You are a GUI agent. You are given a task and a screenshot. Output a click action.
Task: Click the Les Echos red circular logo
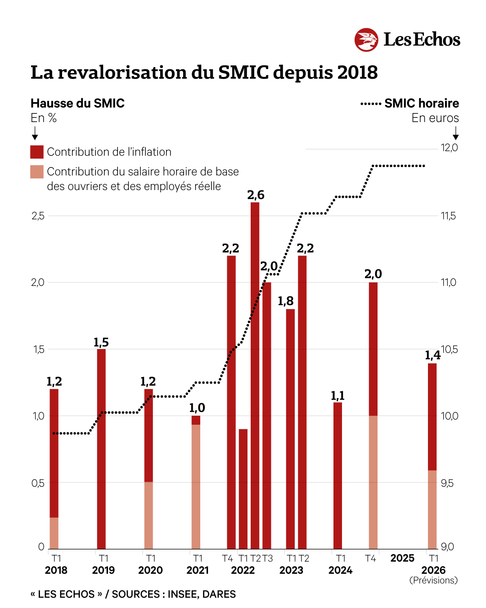pyautogui.click(x=366, y=40)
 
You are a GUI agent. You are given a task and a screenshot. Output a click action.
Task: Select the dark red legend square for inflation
pyautogui.click(x=37, y=152)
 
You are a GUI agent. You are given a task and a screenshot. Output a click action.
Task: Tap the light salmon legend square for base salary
pyautogui.click(x=37, y=172)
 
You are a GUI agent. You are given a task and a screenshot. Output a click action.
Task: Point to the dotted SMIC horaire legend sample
pyautogui.click(x=371, y=104)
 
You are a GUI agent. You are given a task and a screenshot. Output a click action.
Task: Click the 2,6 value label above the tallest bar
pyautogui.click(x=256, y=195)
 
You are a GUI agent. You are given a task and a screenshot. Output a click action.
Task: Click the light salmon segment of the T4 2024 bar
pyautogui.click(x=373, y=482)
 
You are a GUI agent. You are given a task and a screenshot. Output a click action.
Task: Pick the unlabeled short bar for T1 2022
pyautogui.click(x=243, y=489)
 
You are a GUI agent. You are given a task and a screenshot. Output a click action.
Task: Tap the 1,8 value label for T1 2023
pyautogui.click(x=285, y=301)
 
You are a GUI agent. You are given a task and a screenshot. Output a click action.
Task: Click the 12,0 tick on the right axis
pyautogui.click(x=449, y=148)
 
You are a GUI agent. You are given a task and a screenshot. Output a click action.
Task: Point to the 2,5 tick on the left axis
pyautogui.click(x=38, y=216)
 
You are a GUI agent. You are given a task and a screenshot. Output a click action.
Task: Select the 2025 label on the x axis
pyautogui.click(x=402, y=558)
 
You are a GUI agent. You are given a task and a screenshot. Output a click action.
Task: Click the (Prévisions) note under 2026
pyautogui.click(x=433, y=581)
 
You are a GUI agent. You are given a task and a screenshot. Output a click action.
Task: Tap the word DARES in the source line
pyautogui.click(x=219, y=594)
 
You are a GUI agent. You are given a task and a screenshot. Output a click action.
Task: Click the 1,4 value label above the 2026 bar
pyautogui.click(x=432, y=355)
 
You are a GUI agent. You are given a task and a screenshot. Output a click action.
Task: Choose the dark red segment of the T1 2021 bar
pyautogui.click(x=196, y=420)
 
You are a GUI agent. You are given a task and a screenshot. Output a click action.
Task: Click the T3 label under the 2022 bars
pyautogui.click(x=268, y=558)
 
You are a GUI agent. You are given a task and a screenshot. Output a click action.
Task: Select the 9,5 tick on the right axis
pyautogui.click(x=447, y=483)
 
